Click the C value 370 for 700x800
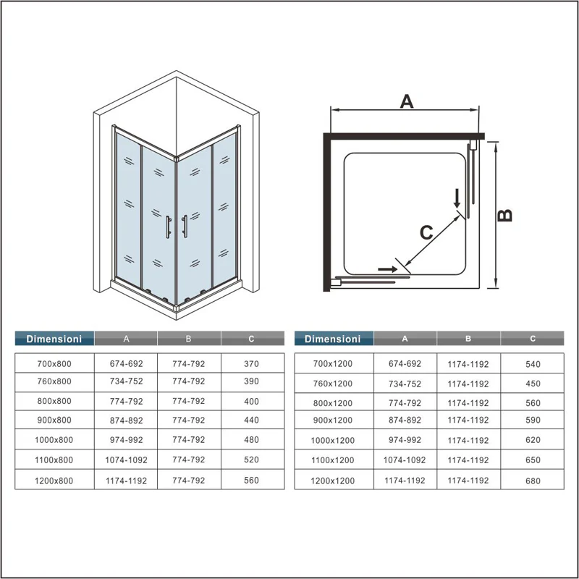251,364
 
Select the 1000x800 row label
54,440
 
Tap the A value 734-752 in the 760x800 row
126,381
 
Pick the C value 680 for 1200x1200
533,481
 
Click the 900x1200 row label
333,420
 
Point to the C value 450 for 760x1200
533,384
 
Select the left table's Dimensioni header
54,339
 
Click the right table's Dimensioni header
333,339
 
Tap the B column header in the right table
468,339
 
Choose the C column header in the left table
251,339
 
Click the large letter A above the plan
407,101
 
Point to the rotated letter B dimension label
504,215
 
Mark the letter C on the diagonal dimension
426,232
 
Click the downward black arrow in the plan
457,198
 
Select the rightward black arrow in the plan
388,269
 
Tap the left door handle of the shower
168,227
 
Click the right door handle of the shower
185,227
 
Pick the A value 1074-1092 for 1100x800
126,460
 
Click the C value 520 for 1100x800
251,460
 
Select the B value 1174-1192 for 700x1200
468,365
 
